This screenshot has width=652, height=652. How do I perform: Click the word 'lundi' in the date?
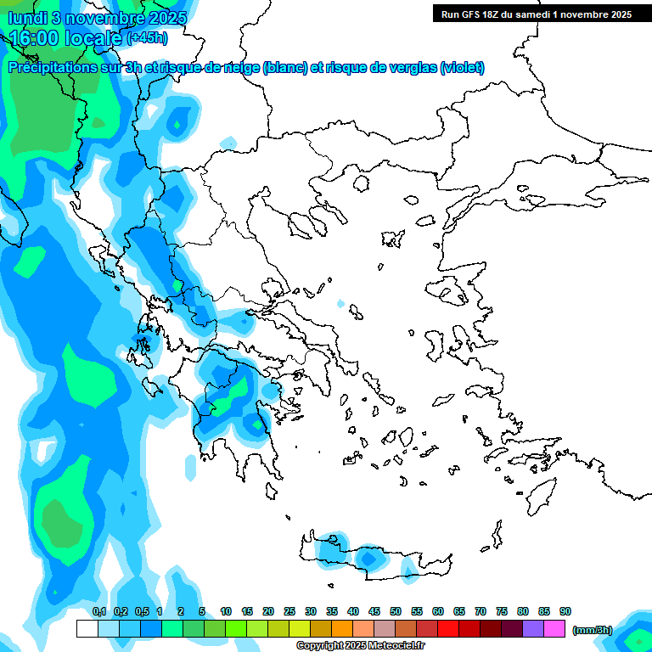(x=29, y=18)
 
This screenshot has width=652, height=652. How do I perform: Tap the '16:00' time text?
(x=34, y=38)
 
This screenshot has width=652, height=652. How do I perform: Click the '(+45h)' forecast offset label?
(x=147, y=38)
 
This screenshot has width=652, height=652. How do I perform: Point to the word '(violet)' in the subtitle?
(x=462, y=67)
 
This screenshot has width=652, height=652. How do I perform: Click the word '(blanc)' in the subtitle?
(x=285, y=67)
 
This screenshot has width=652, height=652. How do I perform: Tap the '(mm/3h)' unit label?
(x=593, y=629)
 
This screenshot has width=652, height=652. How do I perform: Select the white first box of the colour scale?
(x=87, y=629)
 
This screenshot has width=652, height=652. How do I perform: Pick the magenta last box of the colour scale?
(x=554, y=629)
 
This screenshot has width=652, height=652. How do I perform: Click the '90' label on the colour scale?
(x=565, y=611)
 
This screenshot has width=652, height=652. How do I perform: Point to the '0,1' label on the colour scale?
(x=99, y=611)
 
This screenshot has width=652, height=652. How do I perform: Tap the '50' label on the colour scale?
(x=396, y=611)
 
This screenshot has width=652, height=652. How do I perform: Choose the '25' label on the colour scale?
(x=289, y=611)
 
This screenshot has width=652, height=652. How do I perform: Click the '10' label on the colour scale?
(x=226, y=611)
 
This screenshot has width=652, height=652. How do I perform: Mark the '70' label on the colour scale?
(x=481, y=611)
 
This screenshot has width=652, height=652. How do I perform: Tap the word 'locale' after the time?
(x=93, y=38)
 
